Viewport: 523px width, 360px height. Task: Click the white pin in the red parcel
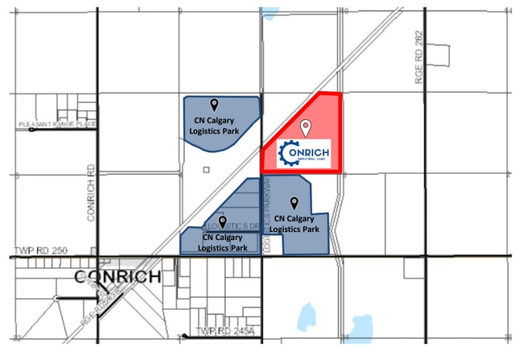(306, 127)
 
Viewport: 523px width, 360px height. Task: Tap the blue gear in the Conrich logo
(288, 153)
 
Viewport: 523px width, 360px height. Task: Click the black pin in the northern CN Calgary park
(214, 105)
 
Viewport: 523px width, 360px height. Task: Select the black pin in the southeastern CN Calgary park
(294, 203)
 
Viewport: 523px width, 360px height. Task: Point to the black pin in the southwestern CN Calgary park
(222, 221)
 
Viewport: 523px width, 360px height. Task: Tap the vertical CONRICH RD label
(92, 193)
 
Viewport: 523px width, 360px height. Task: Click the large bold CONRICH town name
(117, 277)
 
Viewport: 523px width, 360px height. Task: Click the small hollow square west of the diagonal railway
(207, 170)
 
